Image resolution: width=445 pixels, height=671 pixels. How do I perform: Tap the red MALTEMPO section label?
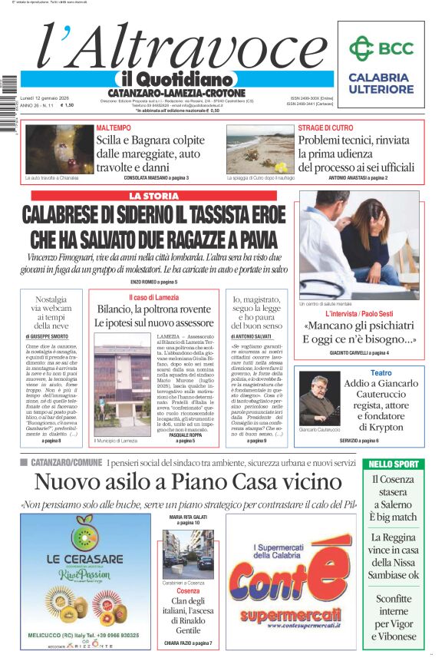113,127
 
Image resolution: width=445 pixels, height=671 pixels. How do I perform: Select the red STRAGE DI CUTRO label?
326,127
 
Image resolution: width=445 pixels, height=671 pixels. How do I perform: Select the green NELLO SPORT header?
394,464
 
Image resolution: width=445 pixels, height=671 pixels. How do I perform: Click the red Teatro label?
381,372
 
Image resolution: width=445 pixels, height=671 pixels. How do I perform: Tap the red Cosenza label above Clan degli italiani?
188,591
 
